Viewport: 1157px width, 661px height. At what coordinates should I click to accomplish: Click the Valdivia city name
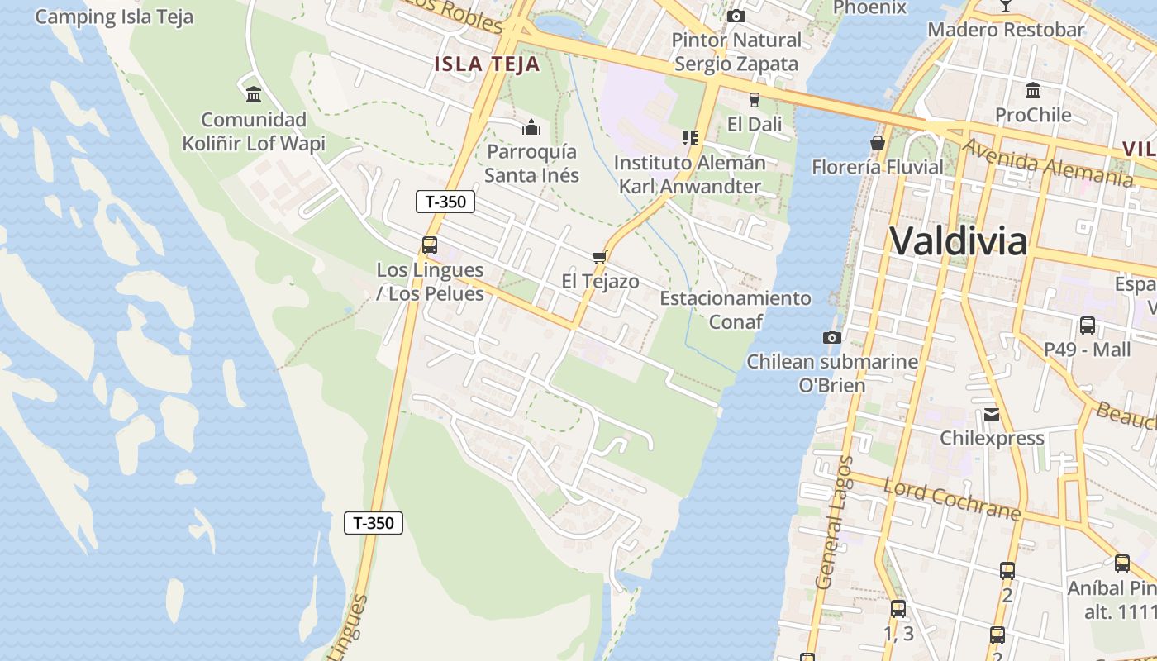click(x=959, y=241)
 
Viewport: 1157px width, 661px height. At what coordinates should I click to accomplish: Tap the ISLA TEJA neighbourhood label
click(x=487, y=64)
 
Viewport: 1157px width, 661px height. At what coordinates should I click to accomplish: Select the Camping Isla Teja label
click(x=114, y=17)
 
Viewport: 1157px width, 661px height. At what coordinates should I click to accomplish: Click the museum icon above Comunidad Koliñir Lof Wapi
click(x=254, y=94)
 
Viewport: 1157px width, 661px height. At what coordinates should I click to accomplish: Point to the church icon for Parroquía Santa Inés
click(x=531, y=127)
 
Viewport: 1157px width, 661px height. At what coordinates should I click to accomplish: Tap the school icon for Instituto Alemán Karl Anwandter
click(x=689, y=138)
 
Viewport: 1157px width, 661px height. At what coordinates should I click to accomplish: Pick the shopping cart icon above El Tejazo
click(x=600, y=257)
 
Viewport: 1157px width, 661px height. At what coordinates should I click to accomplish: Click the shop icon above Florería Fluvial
click(x=877, y=143)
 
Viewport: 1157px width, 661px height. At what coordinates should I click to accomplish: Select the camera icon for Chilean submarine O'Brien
click(x=831, y=337)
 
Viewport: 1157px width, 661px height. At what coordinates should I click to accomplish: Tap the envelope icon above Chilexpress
click(x=992, y=414)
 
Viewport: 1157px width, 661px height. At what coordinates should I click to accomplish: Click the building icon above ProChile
click(x=1033, y=90)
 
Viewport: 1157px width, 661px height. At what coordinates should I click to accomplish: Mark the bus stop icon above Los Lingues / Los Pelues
click(x=430, y=245)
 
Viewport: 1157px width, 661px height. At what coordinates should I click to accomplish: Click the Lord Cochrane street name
click(x=952, y=498)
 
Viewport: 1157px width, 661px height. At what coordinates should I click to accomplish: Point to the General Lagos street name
click(x=835, y=522)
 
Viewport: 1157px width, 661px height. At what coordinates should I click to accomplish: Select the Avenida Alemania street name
click(x=1048, y=163)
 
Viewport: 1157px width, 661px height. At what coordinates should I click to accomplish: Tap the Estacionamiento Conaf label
click(x=736, y=309)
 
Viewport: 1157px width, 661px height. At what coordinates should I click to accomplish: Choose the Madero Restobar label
click(x=1006, y=30)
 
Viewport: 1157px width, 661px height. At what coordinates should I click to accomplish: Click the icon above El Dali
click(x=754, y=100)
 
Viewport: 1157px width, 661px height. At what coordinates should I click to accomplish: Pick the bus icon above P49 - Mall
click(x=1087, y=326)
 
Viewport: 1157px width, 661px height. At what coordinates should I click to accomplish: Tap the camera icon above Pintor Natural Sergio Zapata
click(x=736, y=16)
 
